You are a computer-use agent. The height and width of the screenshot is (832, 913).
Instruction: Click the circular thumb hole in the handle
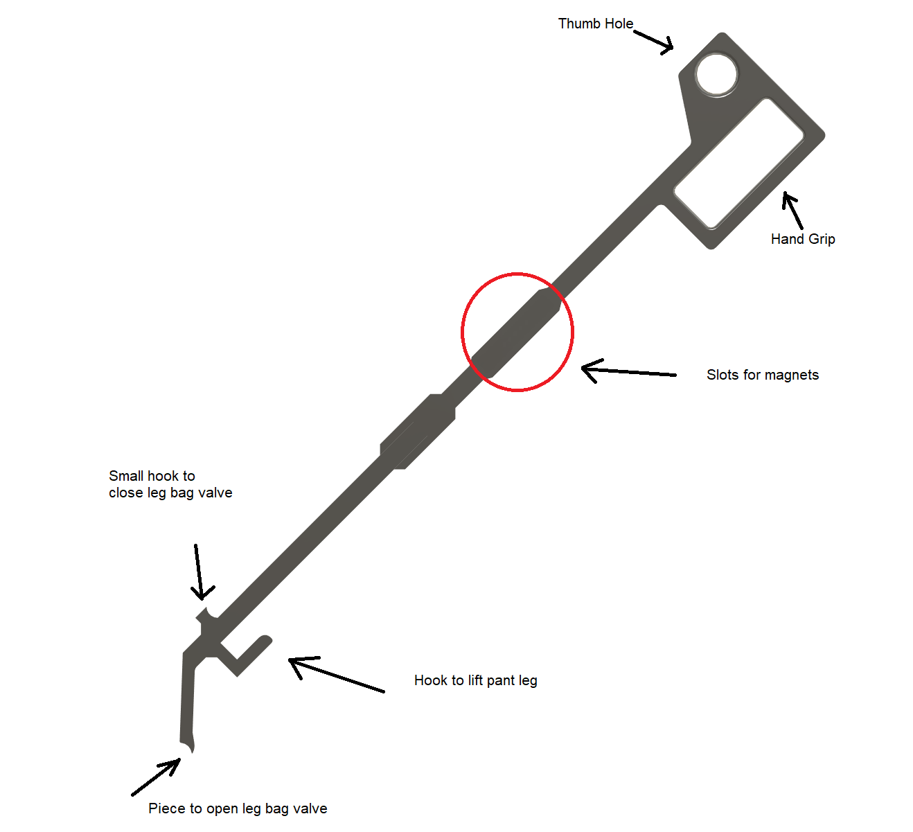pos(716,75)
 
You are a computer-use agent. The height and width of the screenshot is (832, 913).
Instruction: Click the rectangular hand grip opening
pos(738,163)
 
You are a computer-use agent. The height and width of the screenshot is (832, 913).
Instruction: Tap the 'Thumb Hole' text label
pos(595,24)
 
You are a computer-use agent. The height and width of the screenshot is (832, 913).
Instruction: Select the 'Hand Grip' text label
pos(802,239)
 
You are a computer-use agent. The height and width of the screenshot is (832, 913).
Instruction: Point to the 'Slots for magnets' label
pos(763,375)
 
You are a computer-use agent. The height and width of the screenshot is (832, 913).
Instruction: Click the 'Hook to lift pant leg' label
pos(476,680)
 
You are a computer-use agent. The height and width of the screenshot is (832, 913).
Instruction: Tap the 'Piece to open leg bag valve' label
pos(238,808)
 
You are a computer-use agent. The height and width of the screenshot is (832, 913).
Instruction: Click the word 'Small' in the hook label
pos(127,476)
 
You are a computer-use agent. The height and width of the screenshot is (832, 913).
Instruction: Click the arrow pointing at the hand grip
pos(792,211)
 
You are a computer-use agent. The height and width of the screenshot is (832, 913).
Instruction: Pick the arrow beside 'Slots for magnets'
pos(628,371)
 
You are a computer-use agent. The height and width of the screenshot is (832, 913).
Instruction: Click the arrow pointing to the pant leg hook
pos(337,674)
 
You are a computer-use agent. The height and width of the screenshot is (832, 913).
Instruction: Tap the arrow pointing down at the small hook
pos(199,572)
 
